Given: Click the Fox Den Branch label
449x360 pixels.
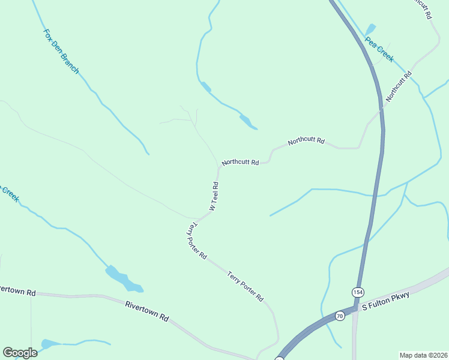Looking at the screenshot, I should pos(61,52).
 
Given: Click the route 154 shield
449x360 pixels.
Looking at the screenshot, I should pos(358,292).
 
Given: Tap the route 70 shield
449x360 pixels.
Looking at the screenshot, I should pos(340,316).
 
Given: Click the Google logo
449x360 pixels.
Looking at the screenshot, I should pos(20,353).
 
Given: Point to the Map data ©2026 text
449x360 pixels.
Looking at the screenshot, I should pos(424,355).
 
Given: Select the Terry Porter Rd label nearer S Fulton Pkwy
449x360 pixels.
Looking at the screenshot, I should pos(246,286).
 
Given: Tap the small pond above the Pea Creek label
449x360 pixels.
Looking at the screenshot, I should pos(370,29).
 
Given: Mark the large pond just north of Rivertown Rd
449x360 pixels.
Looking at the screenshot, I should pos(123,280).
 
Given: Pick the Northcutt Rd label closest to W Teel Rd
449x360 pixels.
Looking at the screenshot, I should pos(240,162).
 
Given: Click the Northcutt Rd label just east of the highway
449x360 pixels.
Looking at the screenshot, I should pos(399,86).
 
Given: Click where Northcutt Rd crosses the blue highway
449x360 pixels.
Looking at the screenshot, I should pos(380,109).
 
